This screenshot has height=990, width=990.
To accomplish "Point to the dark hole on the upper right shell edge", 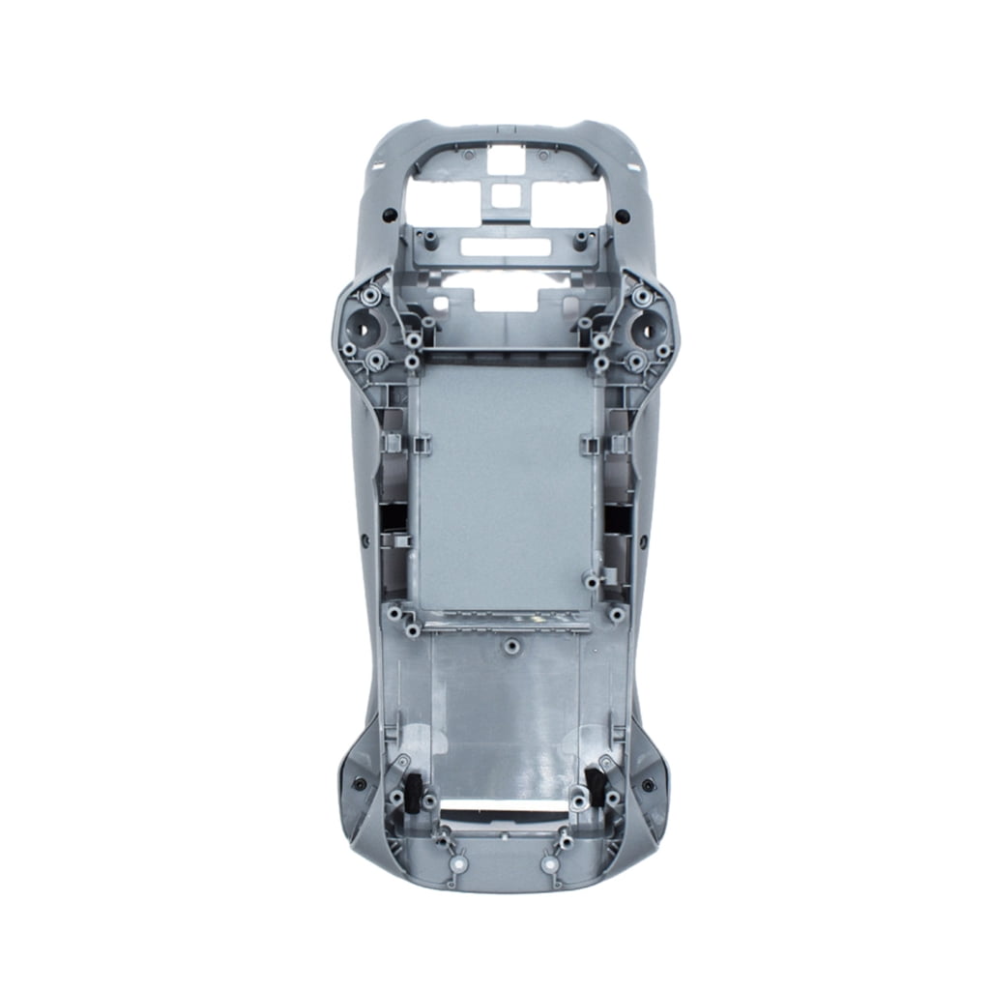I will pyautogui.click(x=622, y=215).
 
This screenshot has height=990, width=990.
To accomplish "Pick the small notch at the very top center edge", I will pyautogui.click(x=498, y=127).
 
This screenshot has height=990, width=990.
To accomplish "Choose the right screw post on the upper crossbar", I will pyautogui.click(x=580, y=239).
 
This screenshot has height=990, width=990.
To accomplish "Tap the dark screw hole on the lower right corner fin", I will pyautogui.click(x=647, y=784).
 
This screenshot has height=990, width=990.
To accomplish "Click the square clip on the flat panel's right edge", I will pyautogui.click(x=590, y=444).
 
